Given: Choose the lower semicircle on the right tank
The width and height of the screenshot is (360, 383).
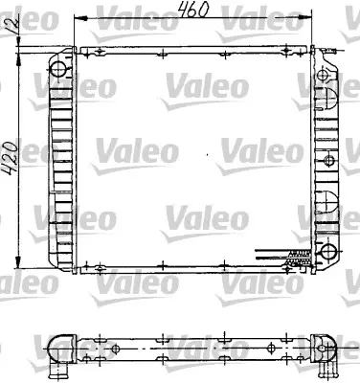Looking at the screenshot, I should pos(325,199).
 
